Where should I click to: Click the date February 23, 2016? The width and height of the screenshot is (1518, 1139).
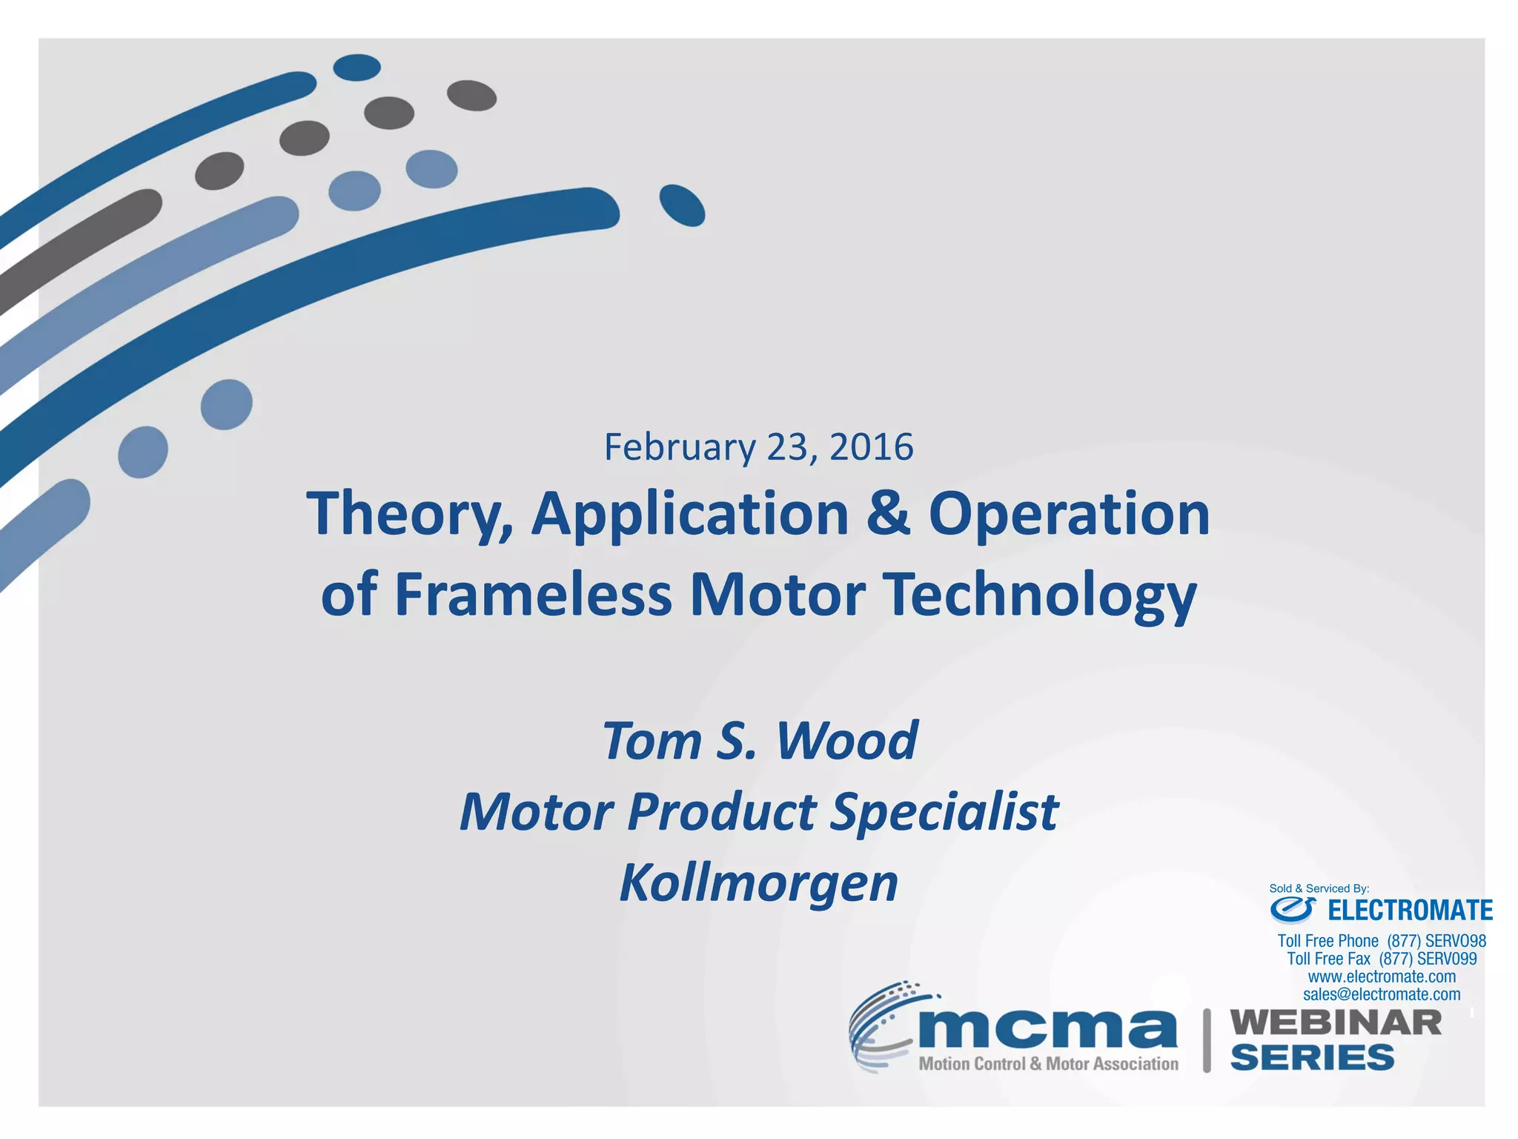(758, 447)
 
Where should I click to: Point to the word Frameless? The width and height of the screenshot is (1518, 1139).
(533, 595)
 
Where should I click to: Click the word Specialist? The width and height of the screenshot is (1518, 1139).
(944, 811)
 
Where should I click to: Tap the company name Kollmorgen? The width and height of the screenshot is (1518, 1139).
(758, 882)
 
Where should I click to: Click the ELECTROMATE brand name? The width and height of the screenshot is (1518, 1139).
(1410, 910)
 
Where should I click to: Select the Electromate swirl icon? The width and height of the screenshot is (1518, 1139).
(1293, 909)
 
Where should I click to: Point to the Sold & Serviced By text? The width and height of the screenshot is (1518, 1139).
(1319, 888)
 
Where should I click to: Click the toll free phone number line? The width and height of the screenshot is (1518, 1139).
(1382, 941)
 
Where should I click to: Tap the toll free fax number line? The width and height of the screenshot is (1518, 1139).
(1382, 959)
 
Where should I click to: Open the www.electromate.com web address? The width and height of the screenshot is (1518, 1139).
(1382, 977)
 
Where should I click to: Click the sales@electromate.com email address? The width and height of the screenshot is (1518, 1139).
(1382, 994)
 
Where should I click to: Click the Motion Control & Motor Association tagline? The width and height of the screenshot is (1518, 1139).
(1048, 1064)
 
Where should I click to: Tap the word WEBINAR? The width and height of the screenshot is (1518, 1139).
(1336, 1023)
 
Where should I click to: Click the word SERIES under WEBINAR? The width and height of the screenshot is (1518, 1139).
(1312, 1057)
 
